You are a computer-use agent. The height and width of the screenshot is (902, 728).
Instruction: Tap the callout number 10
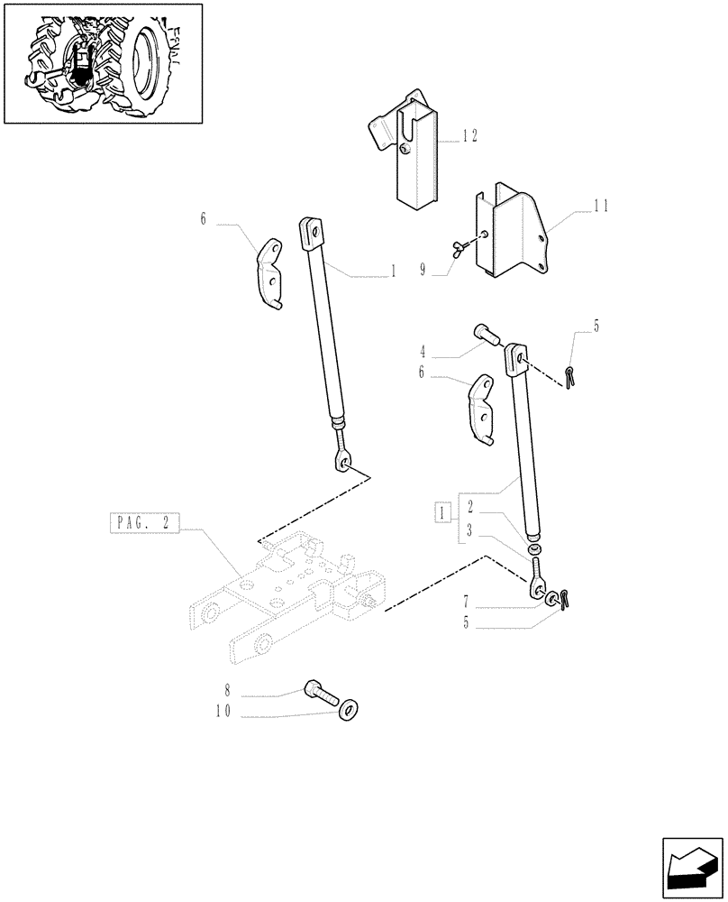223,711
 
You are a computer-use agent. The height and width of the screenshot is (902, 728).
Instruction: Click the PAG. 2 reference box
144,521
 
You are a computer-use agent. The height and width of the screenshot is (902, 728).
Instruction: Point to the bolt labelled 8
320,693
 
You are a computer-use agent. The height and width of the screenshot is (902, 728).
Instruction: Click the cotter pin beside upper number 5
569,373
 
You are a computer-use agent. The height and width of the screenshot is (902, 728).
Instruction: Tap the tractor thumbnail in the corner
103,63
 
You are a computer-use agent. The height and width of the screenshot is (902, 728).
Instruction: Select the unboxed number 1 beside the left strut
393,271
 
